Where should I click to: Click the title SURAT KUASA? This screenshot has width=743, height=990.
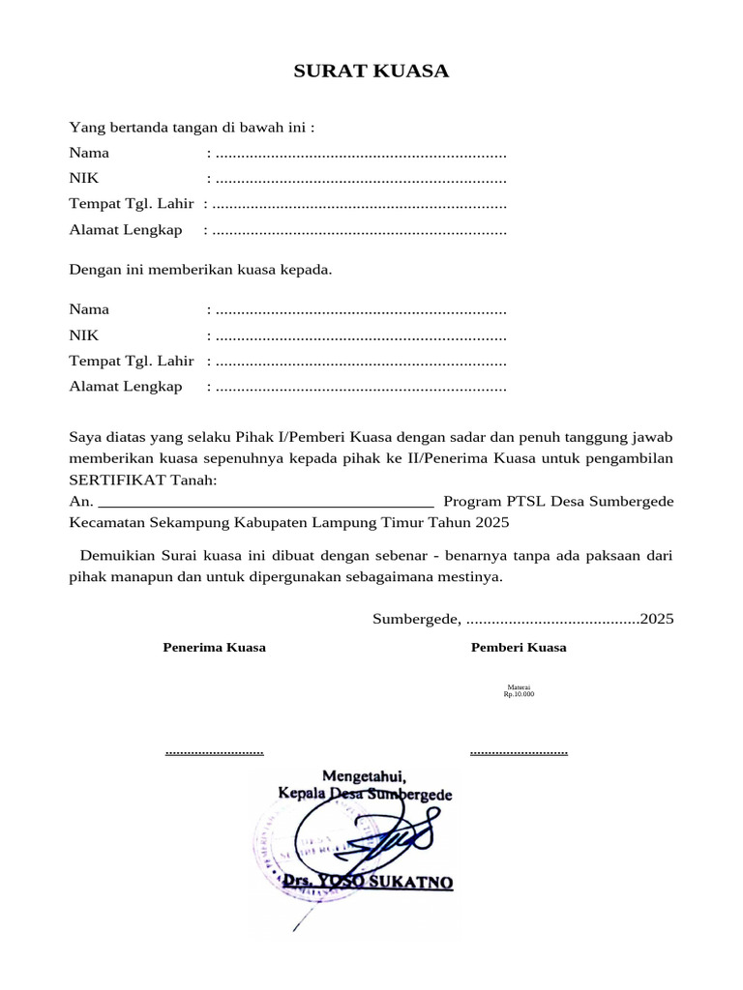pyautogui.click(x=371, y=72)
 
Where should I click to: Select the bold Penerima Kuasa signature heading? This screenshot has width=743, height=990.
pyautogui.click(x=214, y=648)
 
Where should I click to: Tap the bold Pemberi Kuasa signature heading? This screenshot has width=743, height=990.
pyautogui.click(x=519, y=648)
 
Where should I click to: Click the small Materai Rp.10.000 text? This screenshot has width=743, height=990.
pyautogui.click(x=519, y=690)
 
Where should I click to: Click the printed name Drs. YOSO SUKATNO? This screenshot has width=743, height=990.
pyautogui.click(x=368, y=883)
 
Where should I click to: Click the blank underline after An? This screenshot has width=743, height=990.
pyautogui.click(x=266, y=502)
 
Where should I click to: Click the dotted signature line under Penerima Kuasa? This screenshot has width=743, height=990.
pyautogui.click(x=214, y=751)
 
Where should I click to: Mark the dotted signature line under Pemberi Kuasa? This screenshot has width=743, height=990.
pyautogui.click(x=519, y=751)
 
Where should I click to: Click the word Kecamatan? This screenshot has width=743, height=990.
pyautogui.click(x=107, y=523)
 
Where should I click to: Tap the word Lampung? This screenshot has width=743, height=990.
pyautogui.click(x=355, y=523)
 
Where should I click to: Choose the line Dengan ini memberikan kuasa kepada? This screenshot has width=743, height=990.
pyautogui.click(x=200, y=270)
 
